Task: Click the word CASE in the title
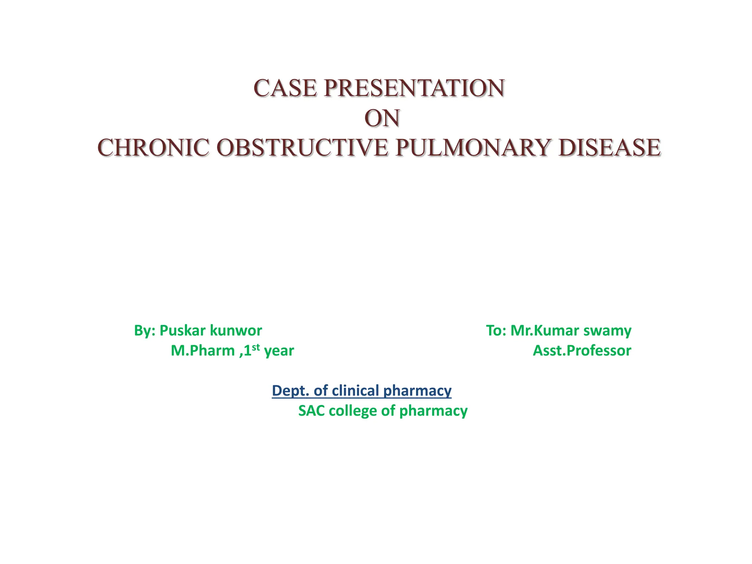pos(285,88)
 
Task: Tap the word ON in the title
pos(382,119)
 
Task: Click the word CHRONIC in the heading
pos(153,148)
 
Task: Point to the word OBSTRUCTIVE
pos(302,148)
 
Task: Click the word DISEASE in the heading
pos(610,148)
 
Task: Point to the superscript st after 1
pos(256,347)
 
